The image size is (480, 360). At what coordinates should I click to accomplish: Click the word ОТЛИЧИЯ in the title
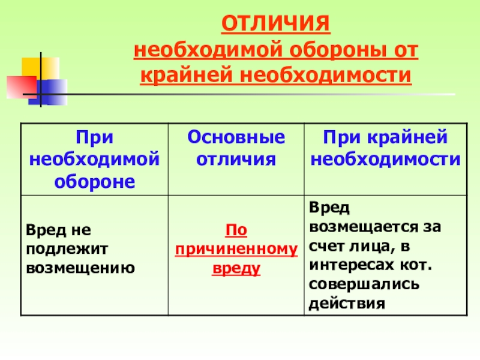click(276, 23)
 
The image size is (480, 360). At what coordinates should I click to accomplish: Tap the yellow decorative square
click(40, 69)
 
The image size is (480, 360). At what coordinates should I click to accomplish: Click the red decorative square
click(22, 87)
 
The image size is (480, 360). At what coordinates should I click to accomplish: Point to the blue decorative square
click(49, 92)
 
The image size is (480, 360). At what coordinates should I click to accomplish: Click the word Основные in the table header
click(236, 137)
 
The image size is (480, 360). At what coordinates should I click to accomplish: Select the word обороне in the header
click(95, 182)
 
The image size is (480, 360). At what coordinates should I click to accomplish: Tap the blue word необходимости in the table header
click(385, 159)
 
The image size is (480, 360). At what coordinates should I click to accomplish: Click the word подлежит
click(67, 250)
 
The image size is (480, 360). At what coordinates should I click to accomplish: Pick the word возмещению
click(80, 268)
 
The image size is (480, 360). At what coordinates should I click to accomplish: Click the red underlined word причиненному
click(236, 250)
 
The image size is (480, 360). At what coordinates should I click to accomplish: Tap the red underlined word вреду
click(236, 268)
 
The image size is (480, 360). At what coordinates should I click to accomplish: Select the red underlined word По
click(236, 230)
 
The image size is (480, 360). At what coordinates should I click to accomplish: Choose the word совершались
click(364, 284)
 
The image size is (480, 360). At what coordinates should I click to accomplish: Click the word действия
click(347, 304)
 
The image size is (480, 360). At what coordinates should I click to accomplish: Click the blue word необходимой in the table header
click(95, 159)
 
